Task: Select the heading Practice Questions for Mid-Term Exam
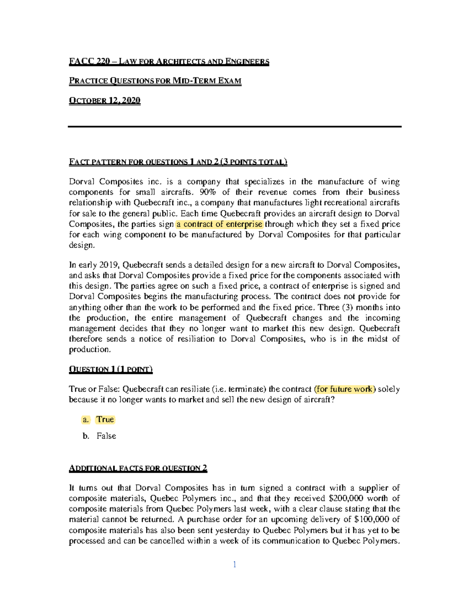pyautogui.click(x=155, y=81)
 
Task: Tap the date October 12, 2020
pyautogui.click(x=104, y=100)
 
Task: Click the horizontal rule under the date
pyautogui.click(x=234, y=127)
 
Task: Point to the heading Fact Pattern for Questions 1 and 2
pyautogui.click(x=178, y=162)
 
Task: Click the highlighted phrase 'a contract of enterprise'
pyautogui.click(x=220, y=224)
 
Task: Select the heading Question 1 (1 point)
pyautogui.click(x=111, y=369)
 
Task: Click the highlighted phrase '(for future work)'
pyautogui.click(x=345, y=389)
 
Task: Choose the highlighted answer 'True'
pyautogui.click(x=105, y=419)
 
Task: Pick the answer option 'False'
pyautogui.click(x=106, y=436)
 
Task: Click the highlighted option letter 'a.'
pyautogui.click(x=86, y=420)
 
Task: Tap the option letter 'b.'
pyautogui.click(x=86, y=436)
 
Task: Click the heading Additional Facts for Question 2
pyautogui.click(x=138, y=468)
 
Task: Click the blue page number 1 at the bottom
pyautogui.click(x=234, y=564)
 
